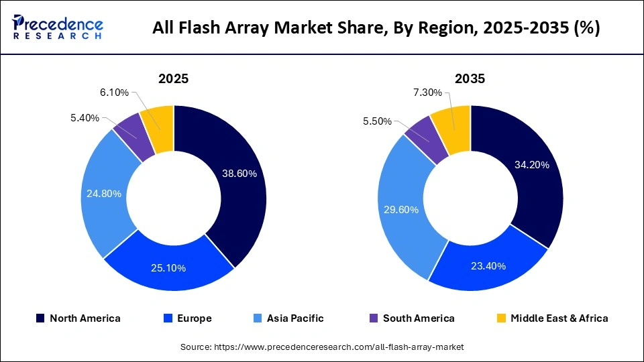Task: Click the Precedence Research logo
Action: pos(58,27)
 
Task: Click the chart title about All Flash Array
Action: pos(376,27)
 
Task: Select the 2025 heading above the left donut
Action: pos(173,78)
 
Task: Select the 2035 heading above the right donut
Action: pos(470,78)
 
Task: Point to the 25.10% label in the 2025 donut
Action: pos(168,268)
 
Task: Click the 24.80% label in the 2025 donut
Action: pos(104,194)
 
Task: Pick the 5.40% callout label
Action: pos(85,118)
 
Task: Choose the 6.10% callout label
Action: pos(114,93)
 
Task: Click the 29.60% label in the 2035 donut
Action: pos(400,210)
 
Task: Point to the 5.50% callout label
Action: pos(378,122)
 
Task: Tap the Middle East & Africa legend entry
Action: pos(551,318)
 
